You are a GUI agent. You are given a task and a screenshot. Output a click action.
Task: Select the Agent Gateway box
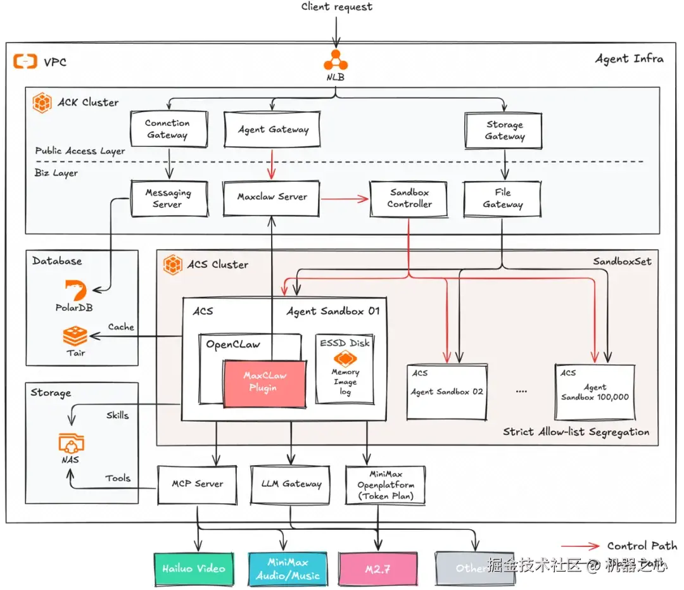(273, 129)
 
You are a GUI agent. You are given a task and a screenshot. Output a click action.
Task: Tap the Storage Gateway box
(504, 130)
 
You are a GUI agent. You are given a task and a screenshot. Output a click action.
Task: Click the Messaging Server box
(168, 198)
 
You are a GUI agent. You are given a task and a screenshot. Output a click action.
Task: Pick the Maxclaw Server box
(272, 198)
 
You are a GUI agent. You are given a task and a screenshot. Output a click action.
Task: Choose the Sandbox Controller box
(409, 198)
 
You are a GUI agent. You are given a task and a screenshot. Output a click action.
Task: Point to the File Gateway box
(502, 198)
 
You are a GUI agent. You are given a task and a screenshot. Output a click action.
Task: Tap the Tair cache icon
(75, 336)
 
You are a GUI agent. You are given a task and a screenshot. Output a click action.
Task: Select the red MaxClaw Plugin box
(265, 383)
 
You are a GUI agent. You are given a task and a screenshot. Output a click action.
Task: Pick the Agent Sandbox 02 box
(446, 391)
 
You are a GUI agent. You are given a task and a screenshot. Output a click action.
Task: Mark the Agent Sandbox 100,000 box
(595, 391)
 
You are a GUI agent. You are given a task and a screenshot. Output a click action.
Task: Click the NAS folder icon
(70, 442)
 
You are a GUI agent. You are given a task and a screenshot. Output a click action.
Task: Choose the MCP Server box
(198, 484)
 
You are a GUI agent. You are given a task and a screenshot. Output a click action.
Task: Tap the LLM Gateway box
(291, 484)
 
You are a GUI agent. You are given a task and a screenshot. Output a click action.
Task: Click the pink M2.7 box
(377, 568)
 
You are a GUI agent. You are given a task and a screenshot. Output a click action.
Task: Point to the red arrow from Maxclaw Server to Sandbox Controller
(345, 199)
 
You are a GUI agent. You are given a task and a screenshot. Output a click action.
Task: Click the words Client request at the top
(336, 7)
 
